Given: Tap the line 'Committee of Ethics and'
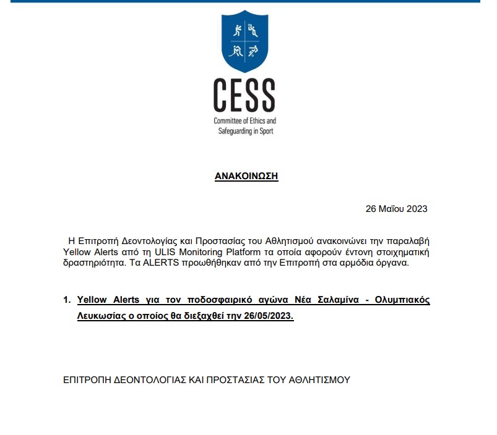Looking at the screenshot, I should click(x=244, y=121).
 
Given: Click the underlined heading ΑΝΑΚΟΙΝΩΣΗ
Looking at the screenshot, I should click(x=246, y=176).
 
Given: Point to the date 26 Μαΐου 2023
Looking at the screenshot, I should click(x=397, y=209).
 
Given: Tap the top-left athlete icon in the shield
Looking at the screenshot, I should click(x=236, y=30).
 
